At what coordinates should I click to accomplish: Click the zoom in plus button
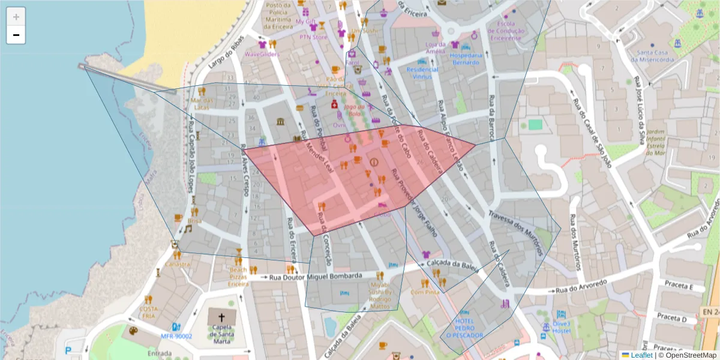16,17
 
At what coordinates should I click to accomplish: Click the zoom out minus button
16,35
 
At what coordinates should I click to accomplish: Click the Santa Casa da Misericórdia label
655,56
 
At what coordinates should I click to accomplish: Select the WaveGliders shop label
262,54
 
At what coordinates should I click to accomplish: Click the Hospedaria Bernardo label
466,58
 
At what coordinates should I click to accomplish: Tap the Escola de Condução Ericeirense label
505,31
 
